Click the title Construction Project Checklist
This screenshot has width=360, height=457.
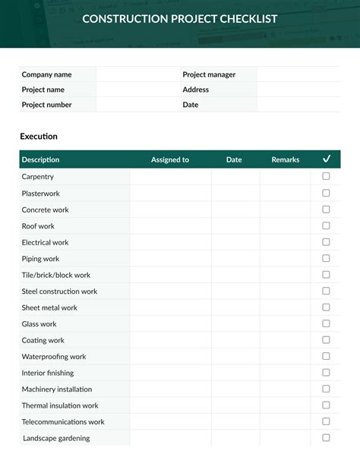pos(179,19)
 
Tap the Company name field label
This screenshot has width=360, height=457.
pos(46,74)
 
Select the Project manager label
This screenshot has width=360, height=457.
pos(209,74)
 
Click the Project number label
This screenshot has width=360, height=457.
pos(46,105)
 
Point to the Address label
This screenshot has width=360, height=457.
pos(195,90)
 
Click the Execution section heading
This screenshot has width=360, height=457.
pos(39,137)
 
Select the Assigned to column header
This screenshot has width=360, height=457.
pos(170,160)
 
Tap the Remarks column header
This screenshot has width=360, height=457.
pos(286,160)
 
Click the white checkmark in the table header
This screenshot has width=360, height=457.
pos(327,159)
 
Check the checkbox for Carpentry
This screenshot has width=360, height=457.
pos(326,176)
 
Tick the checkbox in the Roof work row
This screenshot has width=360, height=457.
pos(326,225)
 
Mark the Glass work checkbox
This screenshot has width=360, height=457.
pos(326,323)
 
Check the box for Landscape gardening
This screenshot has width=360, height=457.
pos(326,438)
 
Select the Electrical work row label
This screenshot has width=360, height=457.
pos(45,242)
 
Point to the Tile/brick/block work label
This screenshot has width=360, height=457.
pos(55,275)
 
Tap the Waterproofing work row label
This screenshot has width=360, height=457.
pos(53,357)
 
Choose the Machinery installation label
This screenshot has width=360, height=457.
pos(57,389)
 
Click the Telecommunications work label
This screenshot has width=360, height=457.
pos(63,422)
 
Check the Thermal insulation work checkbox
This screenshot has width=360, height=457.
pos(326,405)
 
